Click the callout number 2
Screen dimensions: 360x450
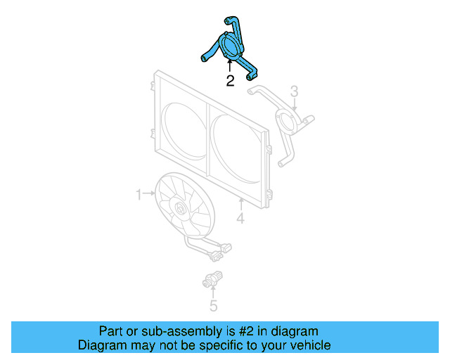pos(230,81)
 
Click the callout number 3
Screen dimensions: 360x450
pos(295,91)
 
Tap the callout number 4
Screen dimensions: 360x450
pos(240,219)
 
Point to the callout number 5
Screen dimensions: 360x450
pos(213,306)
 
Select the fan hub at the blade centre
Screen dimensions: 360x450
pos(179,207)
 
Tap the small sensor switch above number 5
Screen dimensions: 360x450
pos(213,278)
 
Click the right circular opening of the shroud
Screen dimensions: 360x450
pos(236,152)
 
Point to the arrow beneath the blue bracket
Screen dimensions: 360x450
pos(229,67)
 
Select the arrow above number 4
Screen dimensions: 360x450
pos(240,206)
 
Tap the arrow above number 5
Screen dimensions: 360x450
pos(213,292)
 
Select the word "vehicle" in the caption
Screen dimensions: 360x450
pos(309,345)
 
